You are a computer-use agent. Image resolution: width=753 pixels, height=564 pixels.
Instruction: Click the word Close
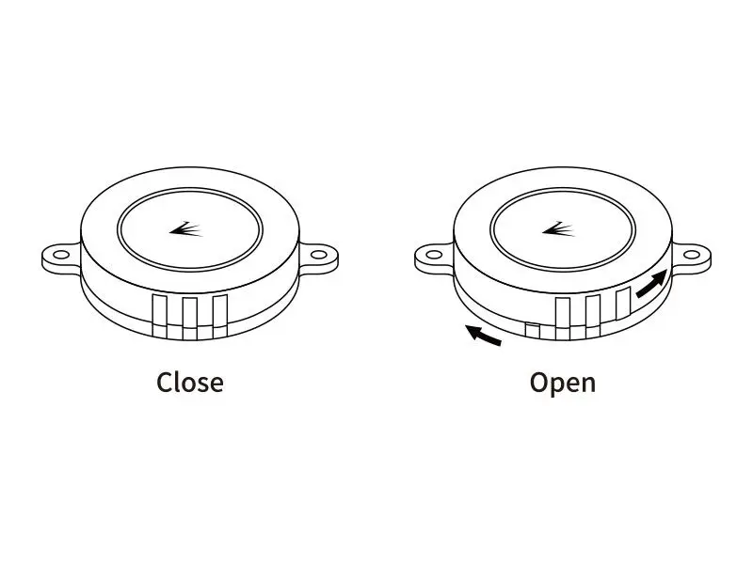[x=189, y=383]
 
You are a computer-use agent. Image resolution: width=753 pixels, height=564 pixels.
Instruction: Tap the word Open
[x=562, y=383]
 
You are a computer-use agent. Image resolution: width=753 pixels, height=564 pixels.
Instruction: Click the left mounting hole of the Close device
[x=62, y=254]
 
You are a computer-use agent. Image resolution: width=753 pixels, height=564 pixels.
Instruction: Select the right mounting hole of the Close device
[x=316, y=254]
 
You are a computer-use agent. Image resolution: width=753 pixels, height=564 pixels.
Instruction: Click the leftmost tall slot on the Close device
[x=159, y=309]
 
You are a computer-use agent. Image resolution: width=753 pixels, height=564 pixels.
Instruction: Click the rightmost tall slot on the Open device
[x=622, y=303]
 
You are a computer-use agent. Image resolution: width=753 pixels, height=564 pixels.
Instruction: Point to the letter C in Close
[x=165, y=383]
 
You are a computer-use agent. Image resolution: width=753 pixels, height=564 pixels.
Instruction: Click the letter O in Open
[x=539, y=383]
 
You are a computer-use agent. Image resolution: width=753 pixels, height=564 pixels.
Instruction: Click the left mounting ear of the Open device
[x=434, y=256]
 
